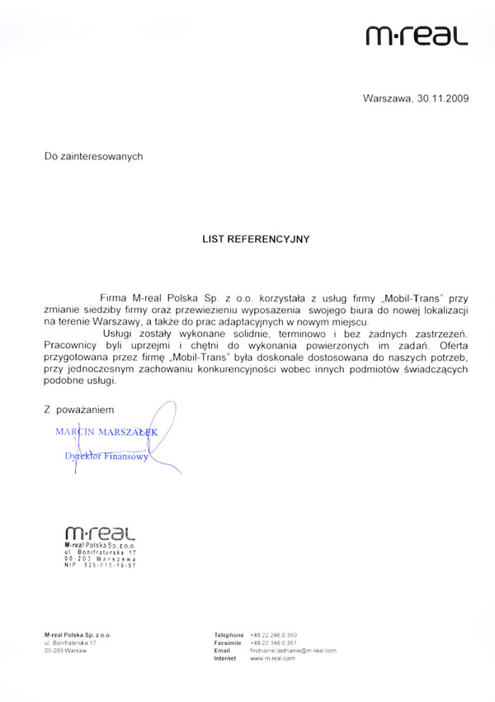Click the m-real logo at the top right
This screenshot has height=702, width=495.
coord(417,35)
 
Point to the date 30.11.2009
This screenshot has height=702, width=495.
coord(442,98)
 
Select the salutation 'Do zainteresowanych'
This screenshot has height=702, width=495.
coord(94,155)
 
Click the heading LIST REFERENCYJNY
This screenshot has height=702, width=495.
coord(256,239)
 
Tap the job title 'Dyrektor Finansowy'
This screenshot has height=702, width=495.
coord(107,456)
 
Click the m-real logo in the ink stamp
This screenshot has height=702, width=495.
coord(99,534)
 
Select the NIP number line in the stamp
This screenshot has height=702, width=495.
coord(100,565)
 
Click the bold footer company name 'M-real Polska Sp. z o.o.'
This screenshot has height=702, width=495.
coord(78,634)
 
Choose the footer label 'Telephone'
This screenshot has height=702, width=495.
coord(229,634)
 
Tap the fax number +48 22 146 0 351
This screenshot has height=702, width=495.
coord(273,643)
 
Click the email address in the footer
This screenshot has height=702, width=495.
coord(293,651)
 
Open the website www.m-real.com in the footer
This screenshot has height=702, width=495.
coord(272,658)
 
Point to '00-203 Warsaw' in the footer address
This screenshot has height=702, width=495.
coord(65,651)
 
